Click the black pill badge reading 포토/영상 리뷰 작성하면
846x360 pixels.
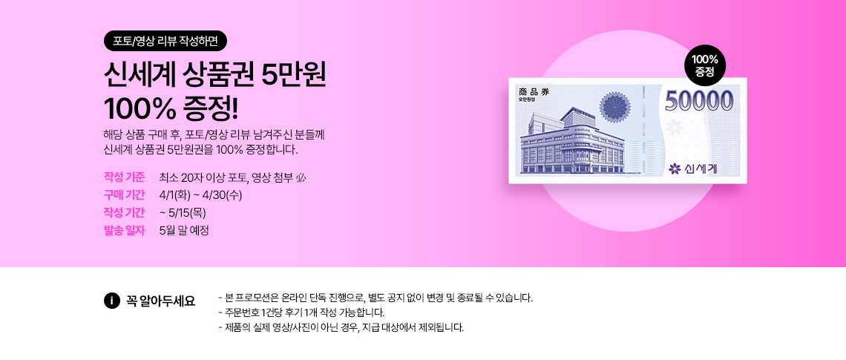[x=165, y=41]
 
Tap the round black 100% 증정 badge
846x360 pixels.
[x=705, y=65]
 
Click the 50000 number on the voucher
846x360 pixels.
[x=699, y=100]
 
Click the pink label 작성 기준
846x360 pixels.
[x=125, y=177]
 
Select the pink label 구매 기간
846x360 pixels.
[x=125, y=194]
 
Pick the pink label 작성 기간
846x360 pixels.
[x=125, y=212]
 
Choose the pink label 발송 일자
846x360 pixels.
[x=125, y=230]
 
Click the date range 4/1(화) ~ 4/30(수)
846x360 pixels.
[x=205, y=194]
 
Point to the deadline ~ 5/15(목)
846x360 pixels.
[x=183, y=212]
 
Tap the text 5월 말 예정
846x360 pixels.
[x=184, y=230]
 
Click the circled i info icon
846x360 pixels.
[x=111, y=301]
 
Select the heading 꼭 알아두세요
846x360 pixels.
[x=160, y=301]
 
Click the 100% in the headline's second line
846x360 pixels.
[x=140, y=108]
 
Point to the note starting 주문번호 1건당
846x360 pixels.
[x=301, y=312]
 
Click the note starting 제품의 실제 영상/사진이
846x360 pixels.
[x=341, y=327]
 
